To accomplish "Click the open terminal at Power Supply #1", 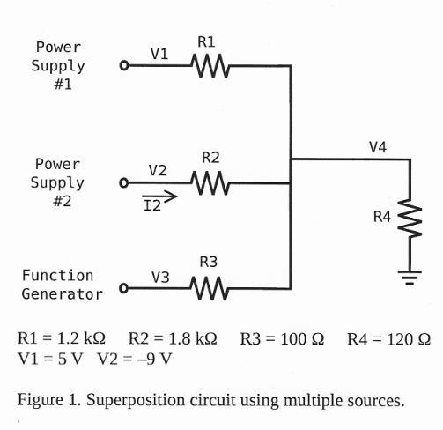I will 124,66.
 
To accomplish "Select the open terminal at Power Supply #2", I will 124,183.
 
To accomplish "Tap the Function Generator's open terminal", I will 124,288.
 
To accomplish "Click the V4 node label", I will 378,146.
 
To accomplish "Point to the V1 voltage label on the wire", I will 159,53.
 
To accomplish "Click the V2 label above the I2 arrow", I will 159,170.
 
